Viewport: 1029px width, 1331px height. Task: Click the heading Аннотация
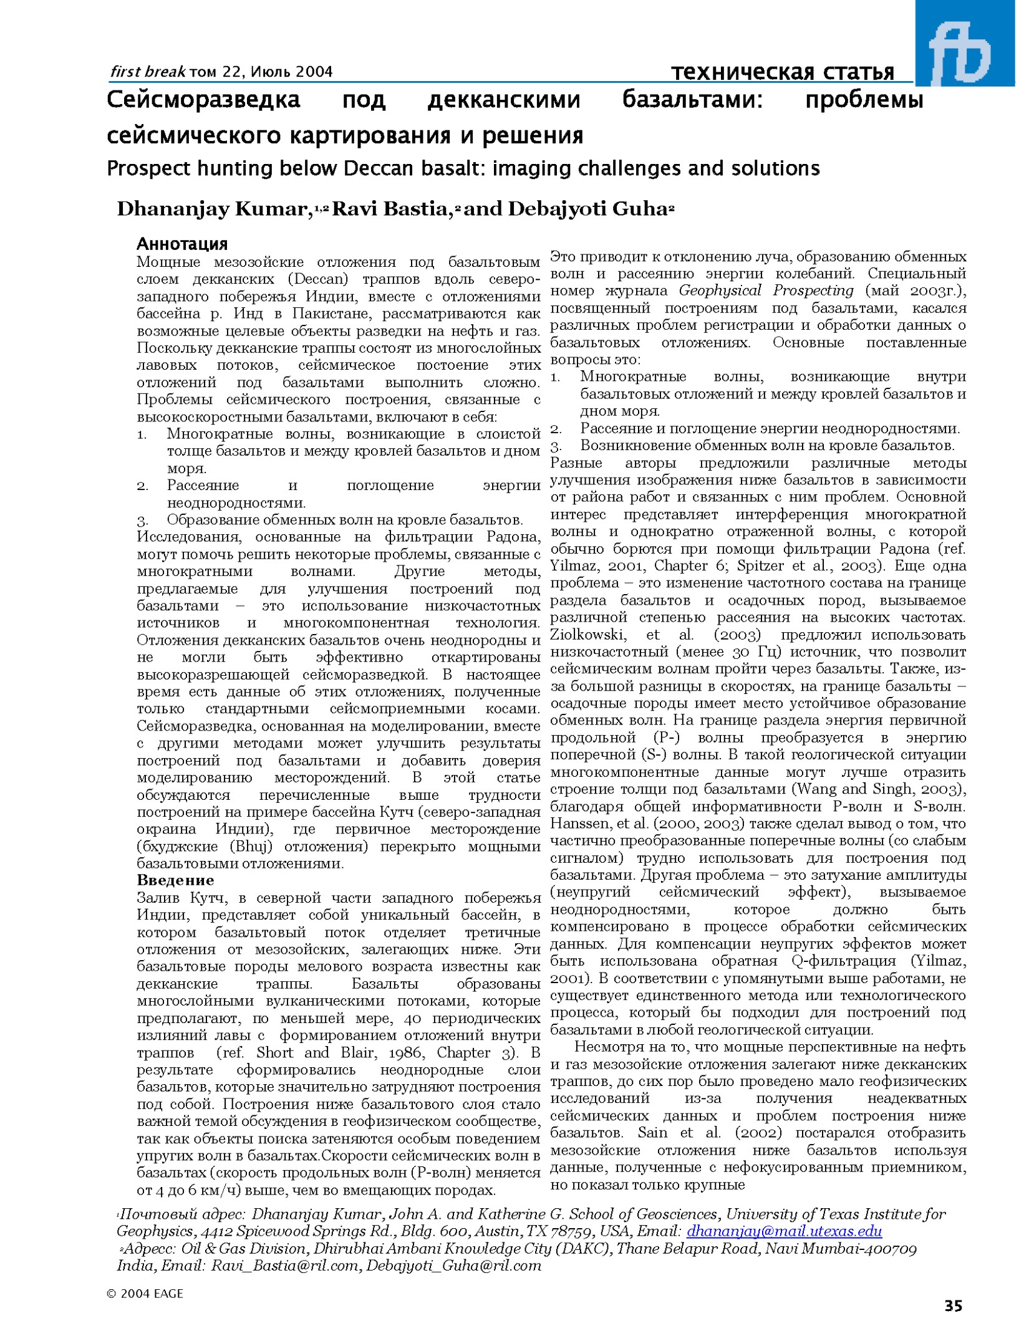coord(182,244)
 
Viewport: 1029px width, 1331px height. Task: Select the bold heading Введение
coord(175,880)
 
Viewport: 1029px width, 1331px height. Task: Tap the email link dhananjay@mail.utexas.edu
coord(784,1231)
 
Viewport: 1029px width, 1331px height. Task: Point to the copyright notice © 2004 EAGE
coord(145,1294)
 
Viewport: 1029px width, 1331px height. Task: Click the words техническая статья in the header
coord(783,72)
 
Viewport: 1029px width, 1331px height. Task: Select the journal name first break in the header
coord(148,72)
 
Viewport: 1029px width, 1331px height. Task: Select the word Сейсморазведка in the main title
coord(203,100)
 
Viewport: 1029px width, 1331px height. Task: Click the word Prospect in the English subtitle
coord(148,168)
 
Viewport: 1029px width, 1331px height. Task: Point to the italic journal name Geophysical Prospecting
coord(766,291)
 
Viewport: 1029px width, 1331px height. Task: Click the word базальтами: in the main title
coord(692,100)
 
